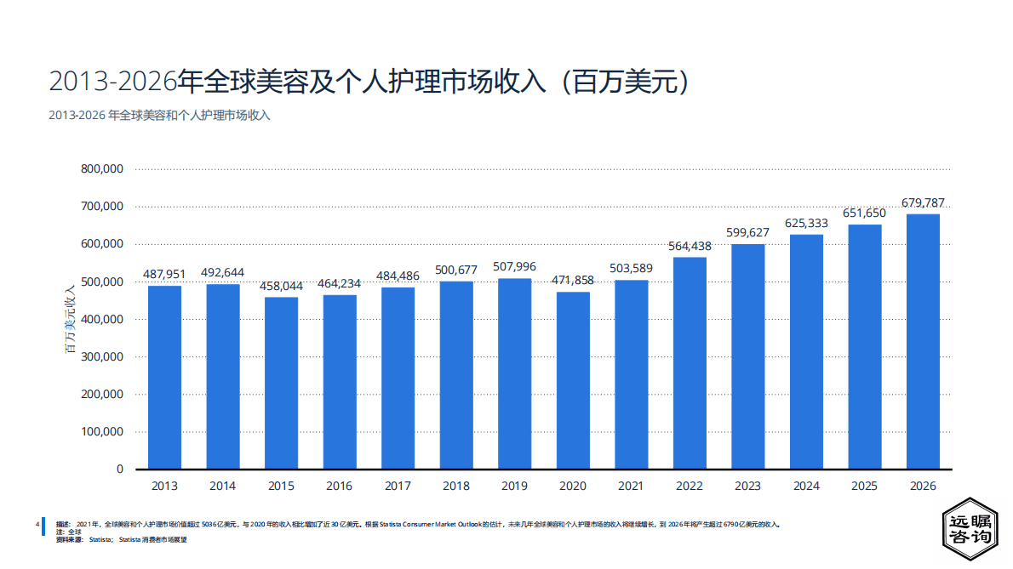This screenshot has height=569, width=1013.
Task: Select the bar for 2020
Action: [573, 380]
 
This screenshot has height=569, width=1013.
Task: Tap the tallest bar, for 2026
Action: [923, 341]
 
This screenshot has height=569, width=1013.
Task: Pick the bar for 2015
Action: [281, 383]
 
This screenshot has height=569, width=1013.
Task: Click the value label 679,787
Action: [923, 202]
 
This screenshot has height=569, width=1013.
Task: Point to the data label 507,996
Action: [514, 267]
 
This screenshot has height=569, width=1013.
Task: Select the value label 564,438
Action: [690, 246]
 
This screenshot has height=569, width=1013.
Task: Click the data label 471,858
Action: [573, 281]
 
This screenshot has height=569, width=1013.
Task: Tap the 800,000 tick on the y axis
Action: [102, 169]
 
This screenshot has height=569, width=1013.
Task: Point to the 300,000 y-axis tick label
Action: [102, 356]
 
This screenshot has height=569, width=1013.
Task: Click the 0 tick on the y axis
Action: [119, 469]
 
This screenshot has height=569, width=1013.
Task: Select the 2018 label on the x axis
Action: [456, 486]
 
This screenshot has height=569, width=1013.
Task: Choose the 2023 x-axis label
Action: [747, 486]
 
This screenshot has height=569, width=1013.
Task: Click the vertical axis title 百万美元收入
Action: [70, 319]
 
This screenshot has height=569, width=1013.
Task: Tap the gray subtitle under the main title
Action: [159, 115]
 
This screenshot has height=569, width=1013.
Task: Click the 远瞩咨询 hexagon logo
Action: [970, 528]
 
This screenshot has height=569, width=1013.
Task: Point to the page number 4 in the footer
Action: [37, 524]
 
